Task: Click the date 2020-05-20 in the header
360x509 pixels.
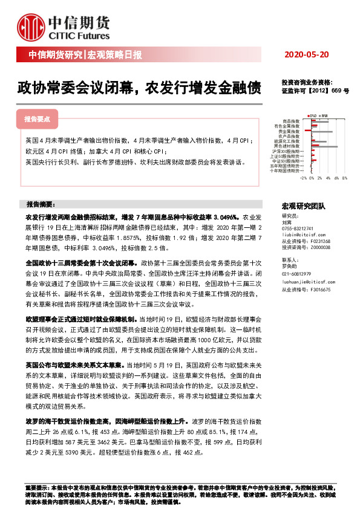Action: (306, 55)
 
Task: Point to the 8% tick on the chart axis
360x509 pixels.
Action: (344, 178)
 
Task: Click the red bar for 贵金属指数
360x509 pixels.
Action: (307, 129)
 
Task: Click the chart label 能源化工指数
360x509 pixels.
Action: (287, 141)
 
